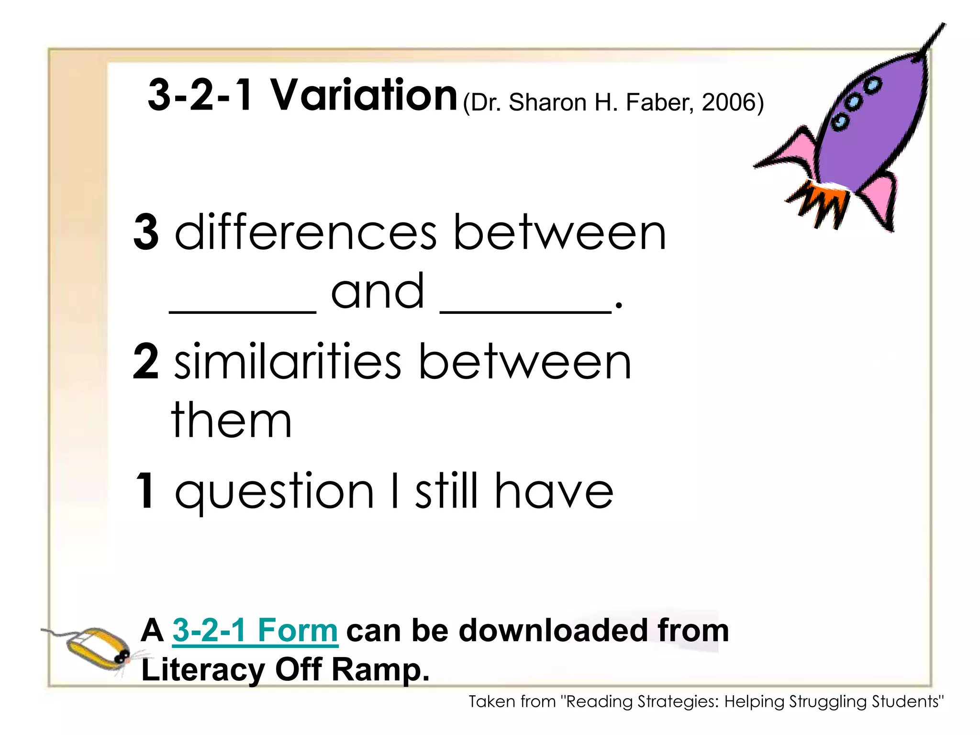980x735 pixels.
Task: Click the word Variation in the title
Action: pyautogui.click(x=364, y=95)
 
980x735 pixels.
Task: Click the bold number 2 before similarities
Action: pyautogui.click(x=146, y=362)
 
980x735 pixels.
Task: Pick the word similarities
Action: pyautogui.click(x=287, y=362)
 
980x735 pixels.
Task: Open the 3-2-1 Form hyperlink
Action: pyautogui.click(x=255, y=631)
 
